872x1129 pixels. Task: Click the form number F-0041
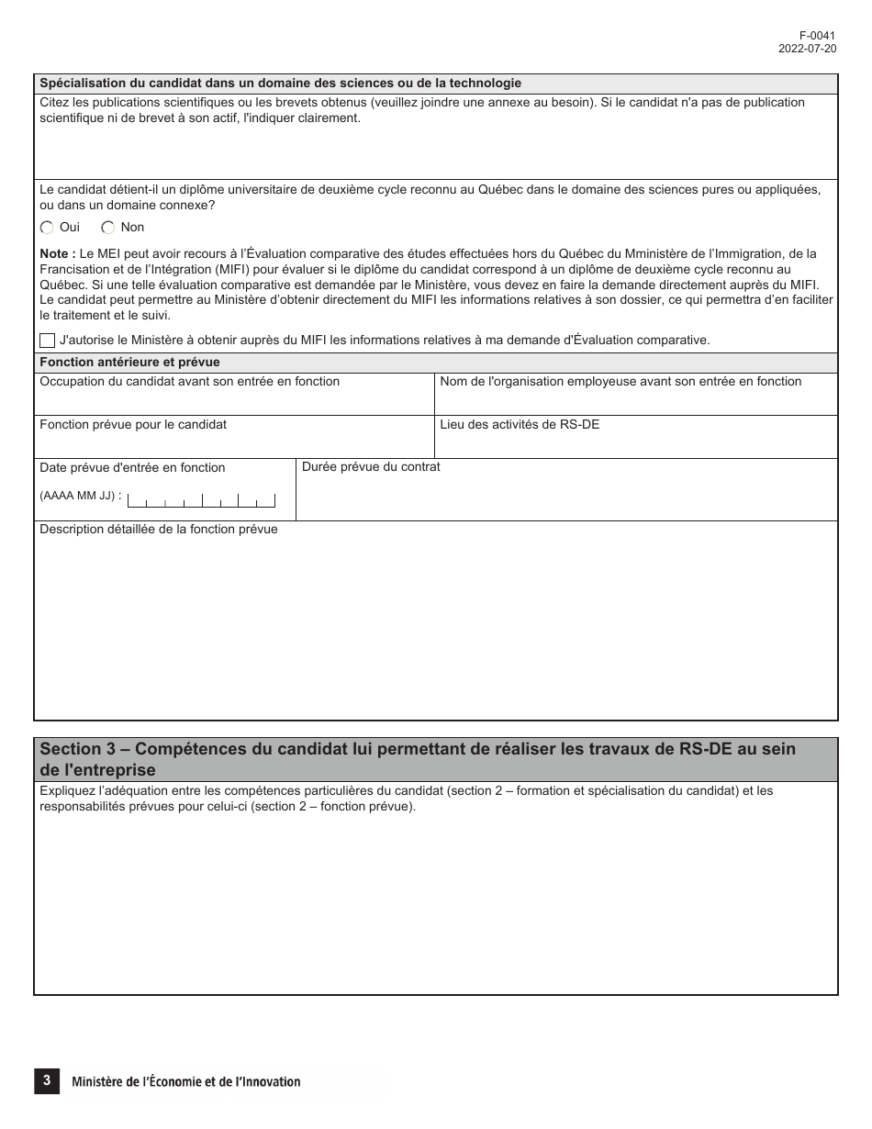click(818, 36)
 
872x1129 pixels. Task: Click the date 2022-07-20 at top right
click(808, 49)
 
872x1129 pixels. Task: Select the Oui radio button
click(47, 228)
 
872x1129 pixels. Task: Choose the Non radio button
click(108, 228)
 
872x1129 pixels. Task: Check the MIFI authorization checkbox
click(48, 340)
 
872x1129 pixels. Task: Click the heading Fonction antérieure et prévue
click(129, 363)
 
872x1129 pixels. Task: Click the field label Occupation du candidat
click(189, 382)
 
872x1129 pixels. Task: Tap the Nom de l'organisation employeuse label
click(620, 382)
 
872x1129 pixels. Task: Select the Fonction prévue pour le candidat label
click(133, 425)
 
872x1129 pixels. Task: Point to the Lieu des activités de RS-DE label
click(520, 425)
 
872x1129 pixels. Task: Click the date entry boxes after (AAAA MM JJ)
click(201, 500)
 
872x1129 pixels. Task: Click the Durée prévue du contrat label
click(371, 467)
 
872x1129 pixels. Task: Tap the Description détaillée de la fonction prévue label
click(158, 530)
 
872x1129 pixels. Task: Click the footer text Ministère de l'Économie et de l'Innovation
click(186, 1082)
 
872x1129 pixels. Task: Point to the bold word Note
click(57, 253)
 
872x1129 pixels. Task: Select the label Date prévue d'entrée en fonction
click(132, 468)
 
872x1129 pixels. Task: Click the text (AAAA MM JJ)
click(77, 496)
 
